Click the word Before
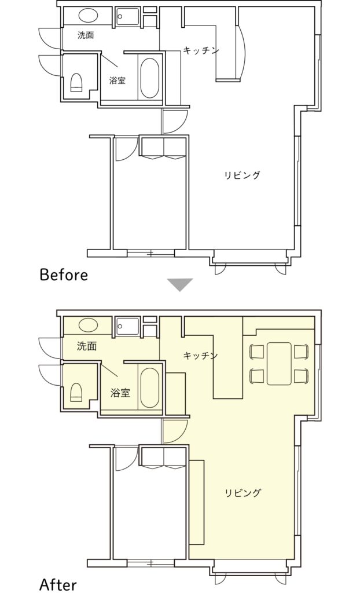coord(64,274)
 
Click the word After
coord(58,585)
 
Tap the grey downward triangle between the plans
coord(181,284)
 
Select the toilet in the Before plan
coord(77,82)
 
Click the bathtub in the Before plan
coord(149,78)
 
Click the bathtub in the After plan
coord(149,387)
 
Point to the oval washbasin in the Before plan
coord(89,16)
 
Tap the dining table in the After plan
coord(279,364)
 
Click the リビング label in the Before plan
coord(243,175)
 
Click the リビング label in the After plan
coord(243,493)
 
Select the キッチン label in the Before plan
coord(201,50)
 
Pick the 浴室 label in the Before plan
coord(117,80)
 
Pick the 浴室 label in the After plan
coord(120,393)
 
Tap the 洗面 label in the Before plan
coord(86,35)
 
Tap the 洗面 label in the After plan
coord(87,346)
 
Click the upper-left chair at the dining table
coord(257,352)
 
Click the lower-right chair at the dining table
coord(302,376)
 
